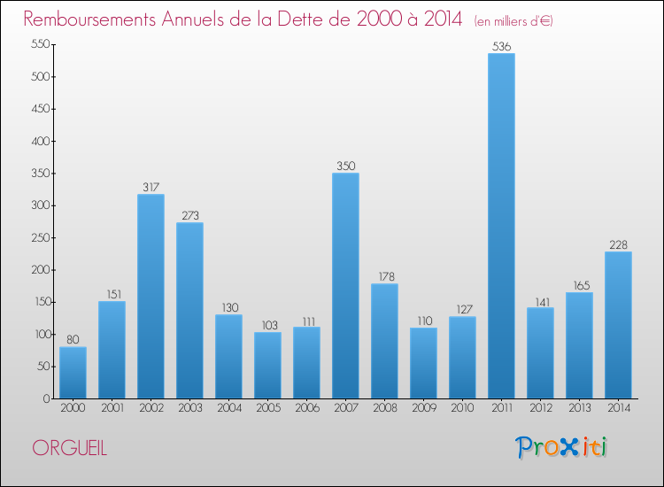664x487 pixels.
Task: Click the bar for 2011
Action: (501, 226)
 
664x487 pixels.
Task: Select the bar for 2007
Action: (345, 285)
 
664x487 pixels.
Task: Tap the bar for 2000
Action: (73, 372)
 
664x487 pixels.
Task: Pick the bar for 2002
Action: (151, 296)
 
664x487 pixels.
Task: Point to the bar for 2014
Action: (618, 325)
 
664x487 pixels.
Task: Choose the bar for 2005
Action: (267, 365)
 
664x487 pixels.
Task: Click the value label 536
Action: (501, 46)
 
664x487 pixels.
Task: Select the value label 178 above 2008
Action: (384, 276)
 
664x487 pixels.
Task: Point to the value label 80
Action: (73, 339)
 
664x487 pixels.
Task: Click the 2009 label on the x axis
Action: (423, 408)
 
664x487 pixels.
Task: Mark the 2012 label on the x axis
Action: (540, 408)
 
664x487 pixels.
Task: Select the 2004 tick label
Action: (228, 408)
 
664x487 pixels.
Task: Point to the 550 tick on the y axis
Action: (39, 44)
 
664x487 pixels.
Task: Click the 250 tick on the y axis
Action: (39, 237)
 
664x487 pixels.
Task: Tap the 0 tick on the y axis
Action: (44, 398)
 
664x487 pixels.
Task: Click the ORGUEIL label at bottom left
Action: (69, 448)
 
